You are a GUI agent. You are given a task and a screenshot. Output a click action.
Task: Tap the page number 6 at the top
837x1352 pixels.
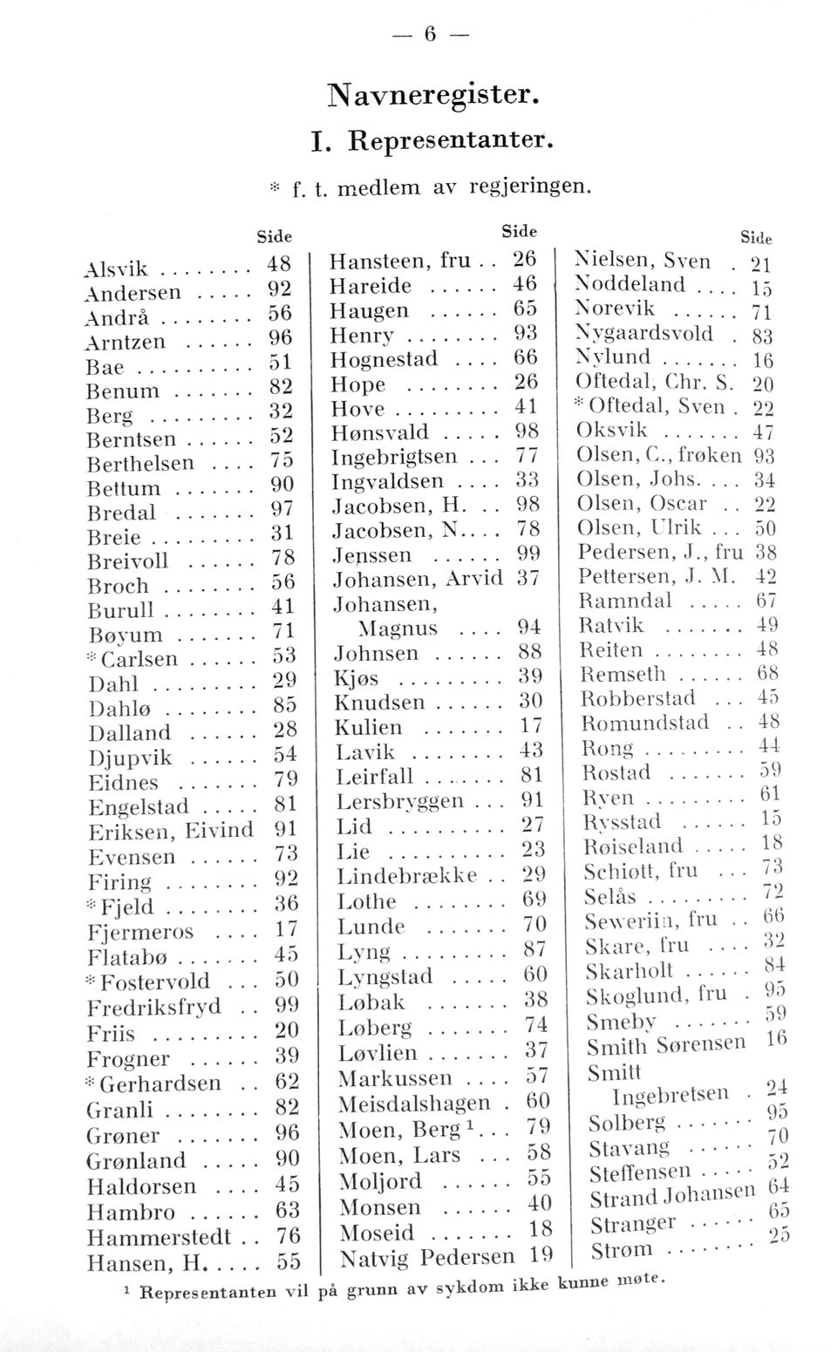point(429,34)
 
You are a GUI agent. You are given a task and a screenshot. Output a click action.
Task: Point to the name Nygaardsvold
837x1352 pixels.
point(643,334)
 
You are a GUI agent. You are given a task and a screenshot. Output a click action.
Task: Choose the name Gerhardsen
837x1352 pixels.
point(160,1084)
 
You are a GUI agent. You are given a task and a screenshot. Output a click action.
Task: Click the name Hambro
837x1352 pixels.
point(131,1213)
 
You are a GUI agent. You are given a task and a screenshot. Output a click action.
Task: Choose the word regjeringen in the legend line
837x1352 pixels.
point(532,187)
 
